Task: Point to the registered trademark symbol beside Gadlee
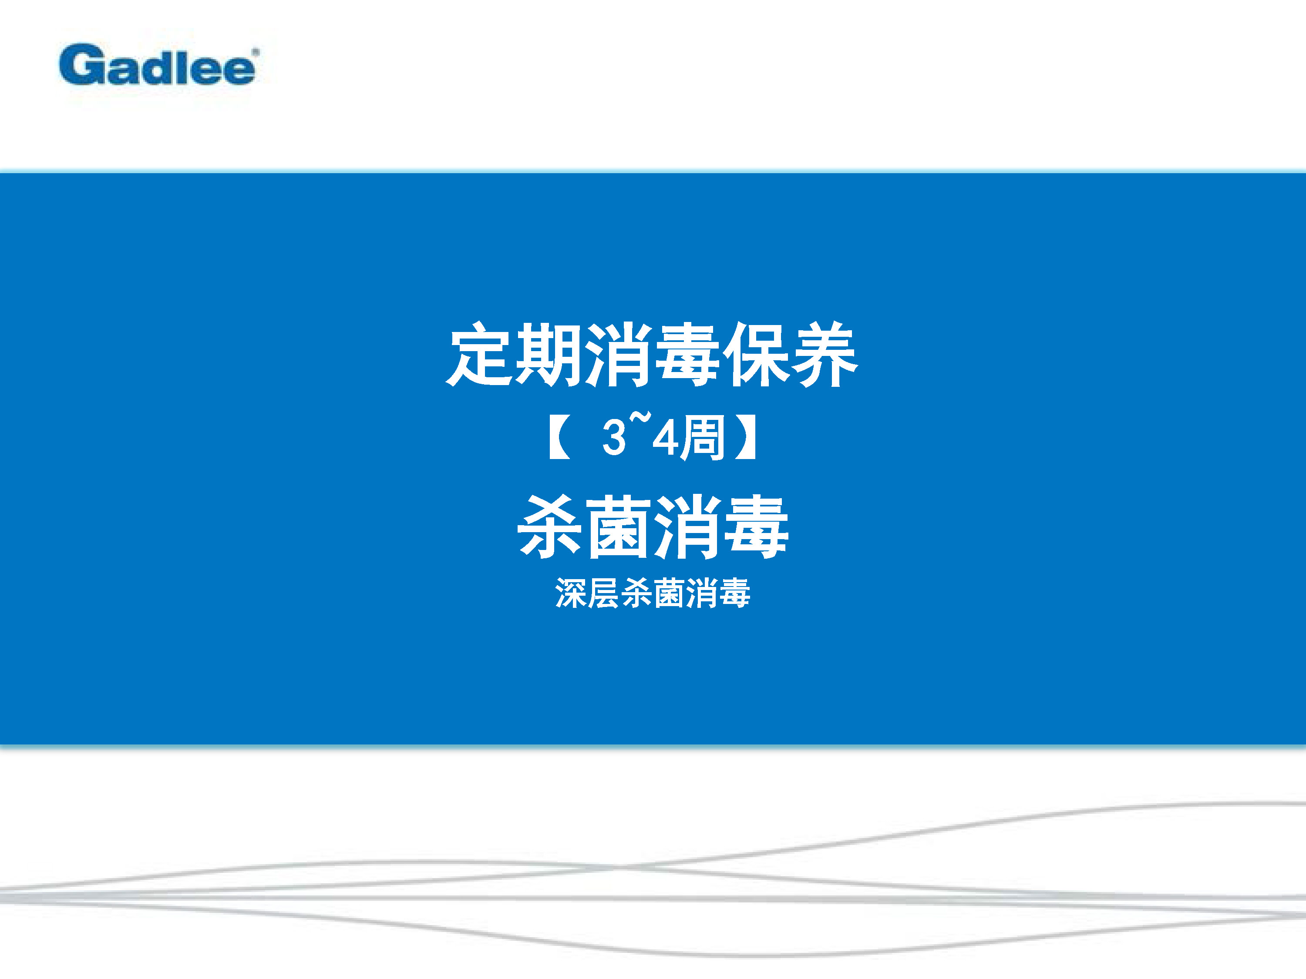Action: tap(256, 52)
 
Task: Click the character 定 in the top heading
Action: tap(479, 355)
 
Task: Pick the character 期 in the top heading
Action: tap(548, 355)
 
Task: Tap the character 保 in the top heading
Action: tap(754, 355)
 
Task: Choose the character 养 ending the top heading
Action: tap(824, 355)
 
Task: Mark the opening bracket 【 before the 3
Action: tap(559, 437)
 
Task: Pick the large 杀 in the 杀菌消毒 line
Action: tap(550, 527)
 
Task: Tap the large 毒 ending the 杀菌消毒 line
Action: tap(756, 527)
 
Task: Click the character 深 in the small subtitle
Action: tap(571, 593)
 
